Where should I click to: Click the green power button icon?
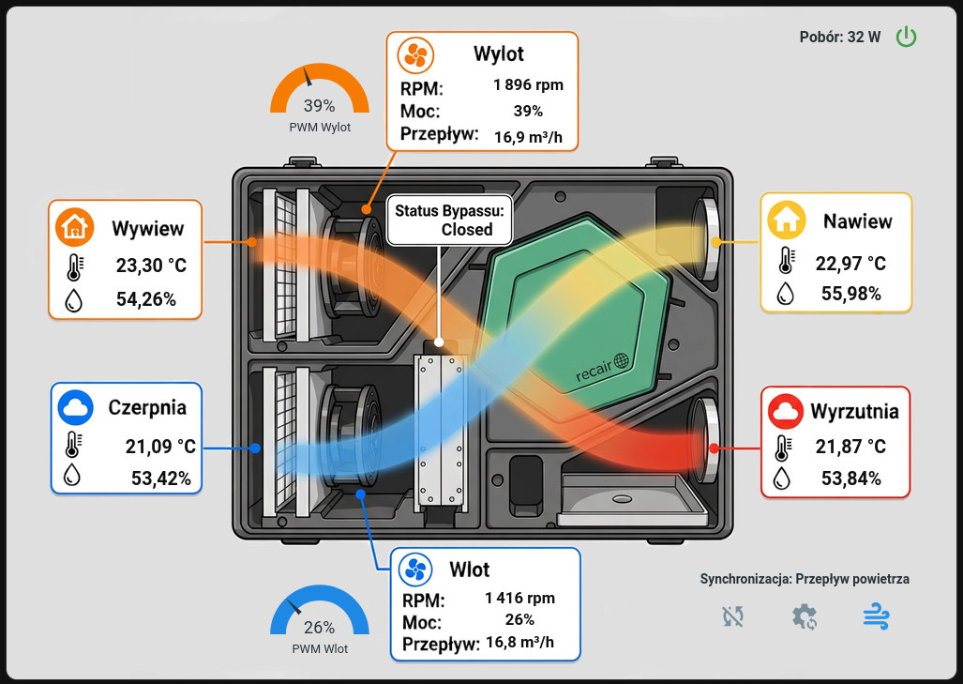pos(906,37)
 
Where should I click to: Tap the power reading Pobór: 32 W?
pos(839,38)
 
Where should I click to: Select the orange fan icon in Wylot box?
pos(415,55)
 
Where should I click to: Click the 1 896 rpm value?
pos(528,84)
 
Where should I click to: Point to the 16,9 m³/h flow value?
pos(528,137)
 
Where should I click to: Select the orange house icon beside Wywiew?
pos(74,227)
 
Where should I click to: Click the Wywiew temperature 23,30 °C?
pos(151,266)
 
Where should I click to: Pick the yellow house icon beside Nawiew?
pos(786,220)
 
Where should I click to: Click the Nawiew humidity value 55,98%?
pos(851,294)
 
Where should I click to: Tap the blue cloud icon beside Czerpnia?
pos(76,407)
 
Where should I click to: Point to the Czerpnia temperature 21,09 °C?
pos(160,447)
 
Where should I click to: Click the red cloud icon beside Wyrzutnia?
pos(786,411)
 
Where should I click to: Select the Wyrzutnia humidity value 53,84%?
pos(851,479)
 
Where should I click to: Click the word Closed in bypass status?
pos(467,230)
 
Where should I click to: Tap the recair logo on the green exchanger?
pos(603,368)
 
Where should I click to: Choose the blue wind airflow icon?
pos(876,616)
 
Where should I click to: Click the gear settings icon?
pos(805,617)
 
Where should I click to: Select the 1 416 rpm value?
pos(519,598)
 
